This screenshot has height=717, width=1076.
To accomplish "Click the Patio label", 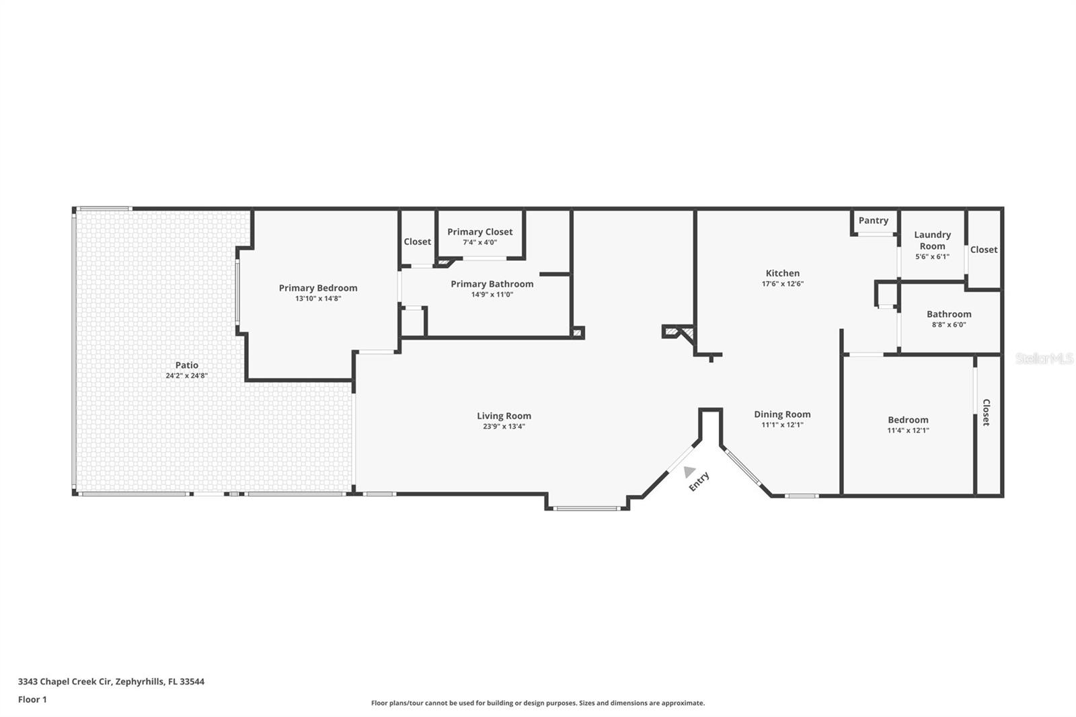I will [187, 365].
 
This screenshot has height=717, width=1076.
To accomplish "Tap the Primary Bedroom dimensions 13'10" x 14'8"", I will [318, 299].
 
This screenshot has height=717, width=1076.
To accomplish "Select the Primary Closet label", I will [479, 231].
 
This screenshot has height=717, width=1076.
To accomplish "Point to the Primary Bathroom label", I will [492, 284].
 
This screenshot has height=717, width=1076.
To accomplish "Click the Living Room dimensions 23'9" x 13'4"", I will [504, 426].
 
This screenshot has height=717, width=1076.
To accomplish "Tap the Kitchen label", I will [783, 273].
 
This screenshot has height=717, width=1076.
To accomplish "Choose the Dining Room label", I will [782, 414].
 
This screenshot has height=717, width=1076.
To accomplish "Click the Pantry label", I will [873, 221].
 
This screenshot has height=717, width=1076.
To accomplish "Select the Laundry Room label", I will [932, 240].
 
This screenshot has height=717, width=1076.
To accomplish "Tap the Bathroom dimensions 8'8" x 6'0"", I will [949, 325].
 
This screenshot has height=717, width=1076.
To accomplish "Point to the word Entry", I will [699, 481].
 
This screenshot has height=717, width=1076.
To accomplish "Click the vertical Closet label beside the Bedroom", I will [986, 412].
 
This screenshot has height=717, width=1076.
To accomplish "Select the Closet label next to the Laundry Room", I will [983, 250].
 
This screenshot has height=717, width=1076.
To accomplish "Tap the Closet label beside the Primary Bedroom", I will [417, 242].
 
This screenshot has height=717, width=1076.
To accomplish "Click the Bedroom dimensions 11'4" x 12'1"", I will [908, 430].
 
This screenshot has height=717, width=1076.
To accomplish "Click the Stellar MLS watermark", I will [1044, 358].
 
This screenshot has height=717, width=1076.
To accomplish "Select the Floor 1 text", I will [32, 700].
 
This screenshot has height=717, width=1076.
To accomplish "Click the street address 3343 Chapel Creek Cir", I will [65, 681].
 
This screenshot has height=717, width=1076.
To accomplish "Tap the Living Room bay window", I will [587, 508].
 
